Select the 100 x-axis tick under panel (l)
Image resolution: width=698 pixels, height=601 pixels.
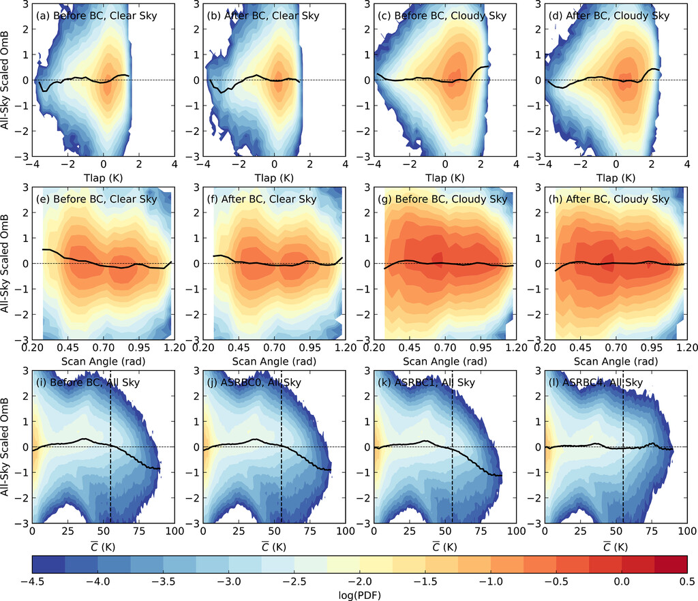(685, 531)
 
